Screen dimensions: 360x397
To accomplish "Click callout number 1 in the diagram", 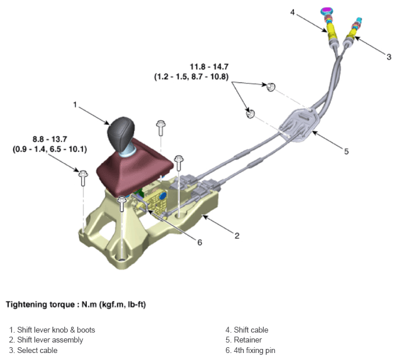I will pos(75,104).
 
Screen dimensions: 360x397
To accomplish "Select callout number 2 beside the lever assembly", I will pos(237,236).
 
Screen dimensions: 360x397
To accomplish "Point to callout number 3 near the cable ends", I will pos(389,56).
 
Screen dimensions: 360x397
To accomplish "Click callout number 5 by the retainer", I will pos(346,151).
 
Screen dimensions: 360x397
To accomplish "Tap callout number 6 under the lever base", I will pos(199,242).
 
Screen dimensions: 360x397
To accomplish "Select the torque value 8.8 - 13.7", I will pos(50,140).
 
